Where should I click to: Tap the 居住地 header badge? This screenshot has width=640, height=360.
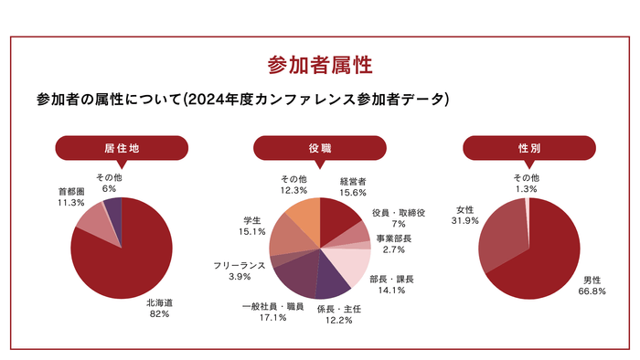click(x=121, y=148)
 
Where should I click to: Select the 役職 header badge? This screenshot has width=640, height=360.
click(x=319, y=148)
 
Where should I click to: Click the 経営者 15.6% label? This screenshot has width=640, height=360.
click(x=353, y=187)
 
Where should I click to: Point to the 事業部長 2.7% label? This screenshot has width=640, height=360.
click(x=394, y=243)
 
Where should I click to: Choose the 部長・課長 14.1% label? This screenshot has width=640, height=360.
click(x=391, y=284)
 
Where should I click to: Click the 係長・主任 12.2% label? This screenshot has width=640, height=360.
click(x=340, y=314)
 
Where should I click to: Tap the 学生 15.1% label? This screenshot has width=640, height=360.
click(x=252, y=226)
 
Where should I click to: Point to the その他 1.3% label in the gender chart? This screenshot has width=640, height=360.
click(x=526, y=183)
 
